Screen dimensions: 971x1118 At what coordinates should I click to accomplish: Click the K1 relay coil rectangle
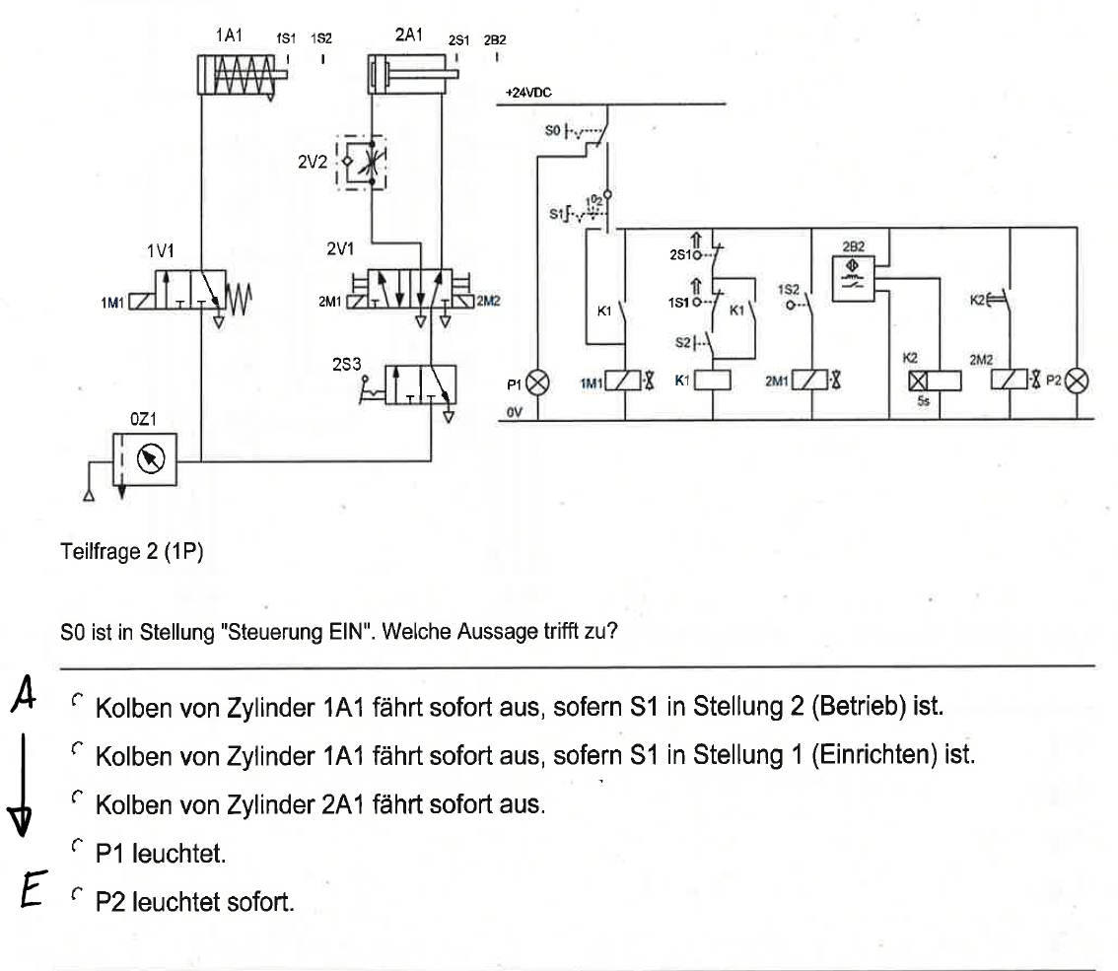[x=712, y=381]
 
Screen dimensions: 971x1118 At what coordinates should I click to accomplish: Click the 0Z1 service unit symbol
[x=144, y=459]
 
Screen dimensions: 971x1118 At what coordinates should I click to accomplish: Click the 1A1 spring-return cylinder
[x=237, y=75]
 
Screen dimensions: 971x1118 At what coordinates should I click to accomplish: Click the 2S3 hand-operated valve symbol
[x=414, y=386]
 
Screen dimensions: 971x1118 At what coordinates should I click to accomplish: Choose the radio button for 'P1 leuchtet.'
[x=76, y=846]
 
